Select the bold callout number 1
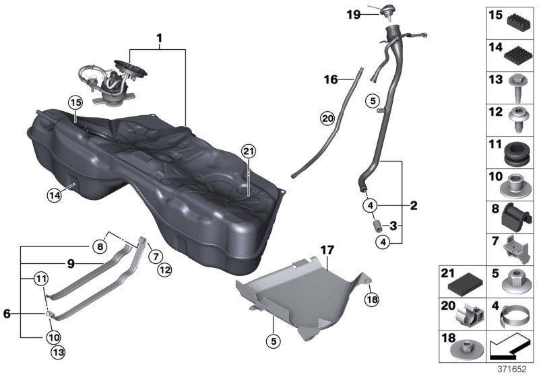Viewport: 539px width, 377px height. (x=159, y=40)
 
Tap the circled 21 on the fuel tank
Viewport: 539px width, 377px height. (x=249, y=152)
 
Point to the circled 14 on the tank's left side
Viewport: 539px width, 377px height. (x=54, y=195)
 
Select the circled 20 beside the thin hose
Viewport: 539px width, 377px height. (x=327, y=118)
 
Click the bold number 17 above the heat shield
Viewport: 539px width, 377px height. (x=327, y=250)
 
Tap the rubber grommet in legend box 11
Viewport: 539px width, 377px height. (x=515, y=153)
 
